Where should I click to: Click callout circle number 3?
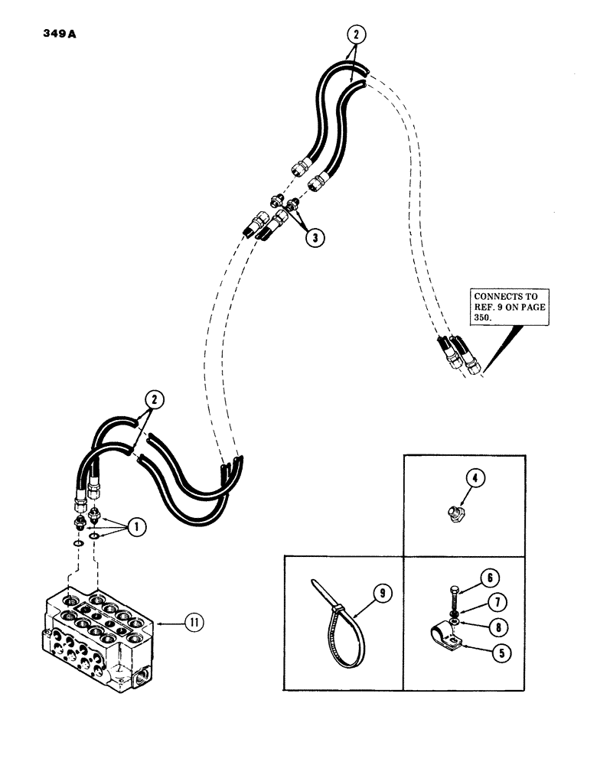(314, 236)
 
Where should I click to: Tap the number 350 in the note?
(484, 320)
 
